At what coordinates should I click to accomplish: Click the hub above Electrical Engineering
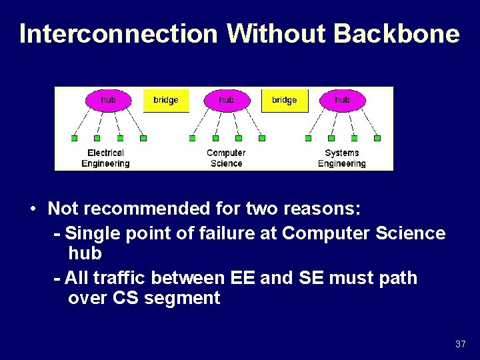(108, 100)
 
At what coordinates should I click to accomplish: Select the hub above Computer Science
(226, 100)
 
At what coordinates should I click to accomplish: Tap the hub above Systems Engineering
(342, 100)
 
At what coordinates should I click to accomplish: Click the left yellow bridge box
(166, 100)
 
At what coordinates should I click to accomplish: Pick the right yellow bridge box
(284, 100)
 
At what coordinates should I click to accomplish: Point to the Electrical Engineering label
(105, 158)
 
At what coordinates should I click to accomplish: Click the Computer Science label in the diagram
(226, 158)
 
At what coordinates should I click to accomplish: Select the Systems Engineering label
(341, 158)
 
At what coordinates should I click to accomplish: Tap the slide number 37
(460, 344)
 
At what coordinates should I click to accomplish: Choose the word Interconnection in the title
(119, 33)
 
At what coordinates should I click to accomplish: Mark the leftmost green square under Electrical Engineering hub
(74, 139)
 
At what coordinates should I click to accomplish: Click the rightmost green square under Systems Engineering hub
(377, 139)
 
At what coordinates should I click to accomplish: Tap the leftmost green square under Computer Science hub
(192, 139)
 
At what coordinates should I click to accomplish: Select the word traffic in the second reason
(124, 277)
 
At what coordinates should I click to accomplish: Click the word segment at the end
(181, 297)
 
